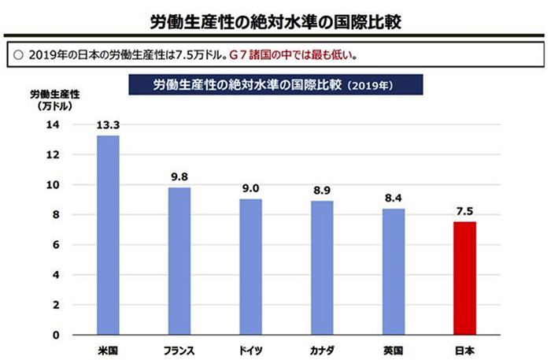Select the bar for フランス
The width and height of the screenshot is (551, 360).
(x=179, y=261)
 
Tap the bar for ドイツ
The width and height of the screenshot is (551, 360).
(x=251, y=266)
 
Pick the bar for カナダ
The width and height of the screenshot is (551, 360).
(x=322, y=267)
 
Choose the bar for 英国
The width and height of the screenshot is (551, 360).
(x=394, y=271)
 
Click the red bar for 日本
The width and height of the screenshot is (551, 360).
(x=464, y=278)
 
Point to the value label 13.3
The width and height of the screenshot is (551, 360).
(x=108, y=124)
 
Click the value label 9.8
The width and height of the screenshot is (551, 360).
(x=179, y=176)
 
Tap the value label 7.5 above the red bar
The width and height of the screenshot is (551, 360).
(x=464, y=211)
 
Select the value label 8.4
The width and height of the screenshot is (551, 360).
(x=394, y=198)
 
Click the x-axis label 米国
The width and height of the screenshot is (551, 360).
(x=108, y=347)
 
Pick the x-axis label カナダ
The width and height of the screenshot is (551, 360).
(x=322, y=347)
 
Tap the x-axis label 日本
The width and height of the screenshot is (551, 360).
(x=464, y=347)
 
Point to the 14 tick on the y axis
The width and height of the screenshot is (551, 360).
(x=53, y=125)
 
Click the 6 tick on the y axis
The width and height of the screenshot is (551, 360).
(x=56, y=245)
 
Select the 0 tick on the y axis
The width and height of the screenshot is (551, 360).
(x=56, y=335)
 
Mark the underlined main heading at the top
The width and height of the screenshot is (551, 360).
(x=275, y=19)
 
